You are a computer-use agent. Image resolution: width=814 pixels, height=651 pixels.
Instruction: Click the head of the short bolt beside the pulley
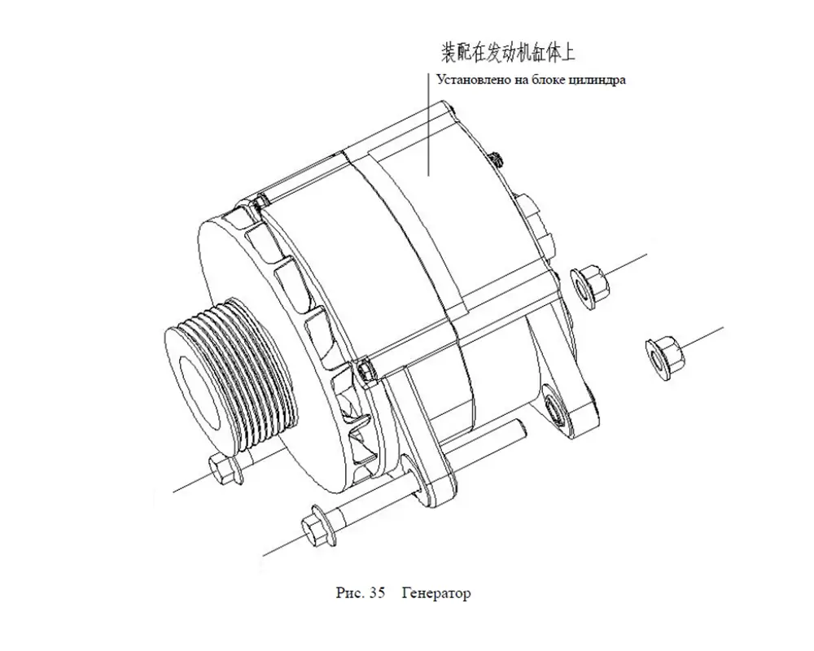tap(225, 468)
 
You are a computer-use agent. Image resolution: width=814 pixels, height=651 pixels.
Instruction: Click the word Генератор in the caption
tap(436, 593)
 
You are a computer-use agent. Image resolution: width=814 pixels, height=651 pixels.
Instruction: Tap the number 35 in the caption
tap(377, 592)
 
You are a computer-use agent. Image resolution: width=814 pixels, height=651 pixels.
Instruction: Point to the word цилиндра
tap(597, 81)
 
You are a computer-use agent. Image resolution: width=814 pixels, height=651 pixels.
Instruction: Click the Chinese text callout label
tap(508, 53)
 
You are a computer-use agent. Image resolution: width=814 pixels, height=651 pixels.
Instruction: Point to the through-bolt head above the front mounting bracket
tap(366, 369)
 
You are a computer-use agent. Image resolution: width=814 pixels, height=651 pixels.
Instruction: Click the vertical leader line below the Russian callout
tap(429, 125)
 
